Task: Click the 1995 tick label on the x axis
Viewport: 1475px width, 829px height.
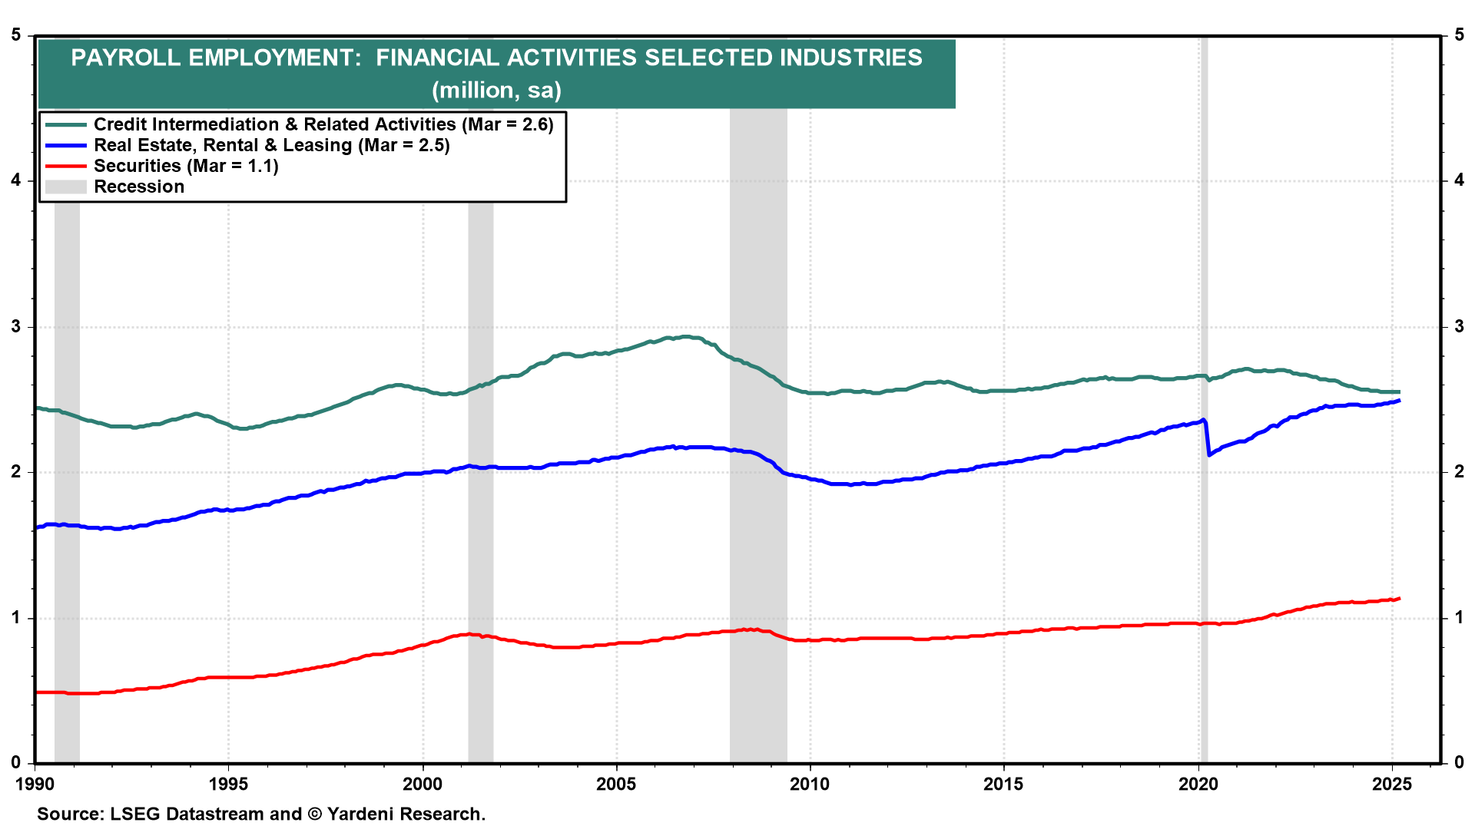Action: (228, 784)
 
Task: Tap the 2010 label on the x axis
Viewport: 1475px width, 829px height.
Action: (810, 784)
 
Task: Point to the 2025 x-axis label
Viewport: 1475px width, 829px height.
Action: (1391, 784)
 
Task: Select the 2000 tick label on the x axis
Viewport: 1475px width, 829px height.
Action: (423, 784)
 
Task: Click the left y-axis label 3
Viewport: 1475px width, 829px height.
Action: (16, 326)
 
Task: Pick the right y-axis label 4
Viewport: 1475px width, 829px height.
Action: (1459, 180)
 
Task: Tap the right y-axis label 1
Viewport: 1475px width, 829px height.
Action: (1459, 617)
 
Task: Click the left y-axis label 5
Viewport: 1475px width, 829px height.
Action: (16, 35)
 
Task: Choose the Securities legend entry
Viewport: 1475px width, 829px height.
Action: (185, 166)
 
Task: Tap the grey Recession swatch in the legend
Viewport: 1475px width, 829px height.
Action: (65, 187)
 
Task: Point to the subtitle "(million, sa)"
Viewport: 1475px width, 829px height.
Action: (496, 91)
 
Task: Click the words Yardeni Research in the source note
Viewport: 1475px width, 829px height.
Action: (406, 814)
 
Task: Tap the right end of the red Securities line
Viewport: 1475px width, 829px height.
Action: (1399, 599)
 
